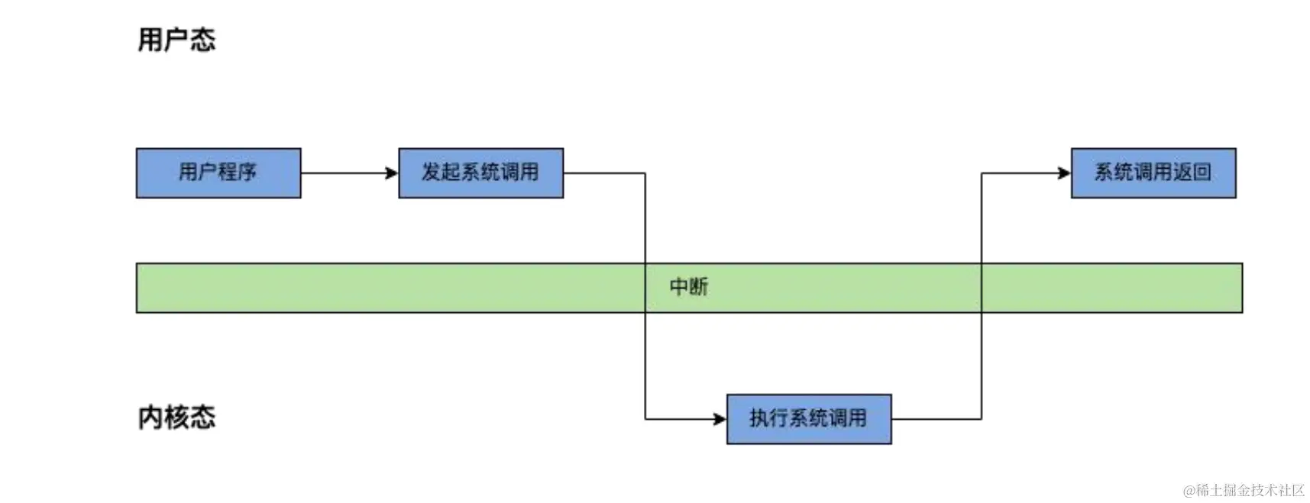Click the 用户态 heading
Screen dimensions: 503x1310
[176, 40]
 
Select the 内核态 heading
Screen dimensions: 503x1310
[176, 417]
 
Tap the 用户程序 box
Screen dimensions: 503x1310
[218, 173]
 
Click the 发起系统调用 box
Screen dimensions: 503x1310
[480, 173]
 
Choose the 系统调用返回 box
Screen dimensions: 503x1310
[1153, 173]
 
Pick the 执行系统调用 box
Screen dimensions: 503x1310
[808, 419]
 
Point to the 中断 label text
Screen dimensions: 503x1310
[688, 287]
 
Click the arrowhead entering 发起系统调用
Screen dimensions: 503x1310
[392, 173]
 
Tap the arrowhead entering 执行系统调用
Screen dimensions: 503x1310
[720, 419]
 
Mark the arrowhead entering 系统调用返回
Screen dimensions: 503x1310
[1064, 173]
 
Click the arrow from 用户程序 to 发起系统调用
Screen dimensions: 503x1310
[348, 173]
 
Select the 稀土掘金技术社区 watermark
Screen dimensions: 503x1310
[1244, 490]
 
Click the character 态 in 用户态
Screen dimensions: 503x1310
[203, 40]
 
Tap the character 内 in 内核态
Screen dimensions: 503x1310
[150, 417]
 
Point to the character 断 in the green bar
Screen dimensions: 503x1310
[698, 287]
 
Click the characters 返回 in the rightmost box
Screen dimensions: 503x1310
[1192, 173]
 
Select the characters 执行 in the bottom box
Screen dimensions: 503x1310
[768, 418]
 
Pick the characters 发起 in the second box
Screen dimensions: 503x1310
[441, 173]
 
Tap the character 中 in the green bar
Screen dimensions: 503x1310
[678, 287]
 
